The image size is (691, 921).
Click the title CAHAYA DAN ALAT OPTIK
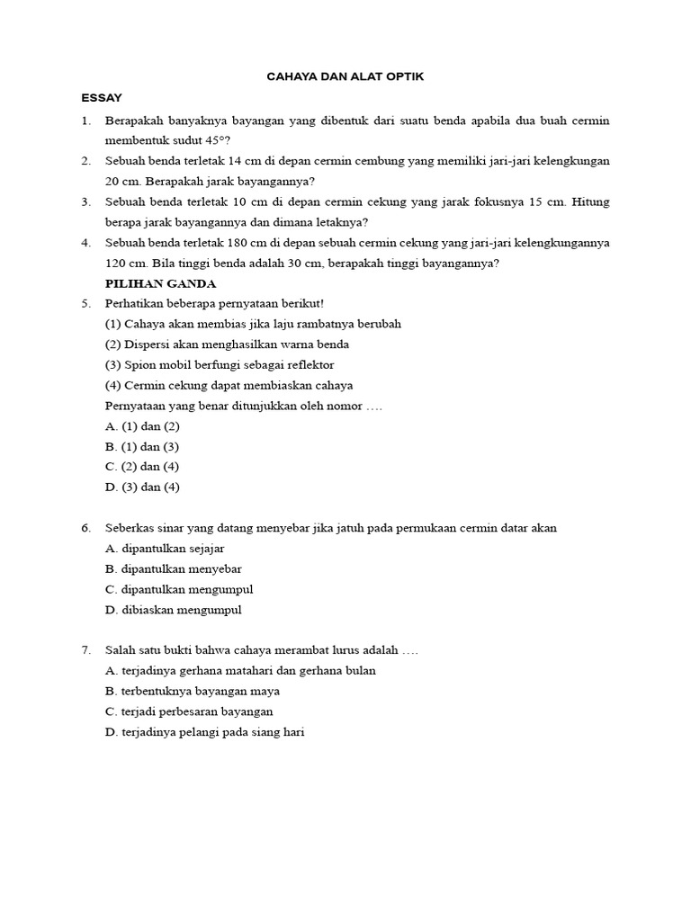tap(345, 78)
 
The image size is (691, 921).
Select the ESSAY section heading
tap(101, 98)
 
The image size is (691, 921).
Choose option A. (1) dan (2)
tap(142, 426)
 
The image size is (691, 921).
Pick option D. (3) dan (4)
tap(142, 487)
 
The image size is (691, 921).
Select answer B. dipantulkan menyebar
tap(173, 569)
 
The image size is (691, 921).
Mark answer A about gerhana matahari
tap(240, 671)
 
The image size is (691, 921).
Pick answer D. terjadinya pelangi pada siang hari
tap(205, 732)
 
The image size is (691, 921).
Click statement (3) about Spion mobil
tap(220, 365)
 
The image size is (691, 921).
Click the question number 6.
tap(85, 529)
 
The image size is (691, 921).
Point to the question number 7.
tap(85, 650)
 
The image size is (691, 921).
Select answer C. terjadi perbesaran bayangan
tap(189, 711)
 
